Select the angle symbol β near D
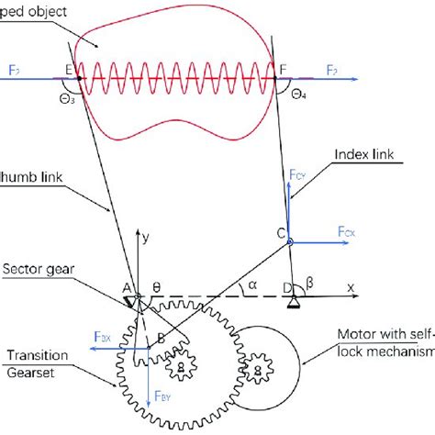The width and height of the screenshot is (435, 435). click(x=309, y=286)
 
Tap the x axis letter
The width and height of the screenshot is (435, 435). click(x=350, y=286)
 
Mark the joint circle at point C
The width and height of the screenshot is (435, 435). click(x=289, y=242)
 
